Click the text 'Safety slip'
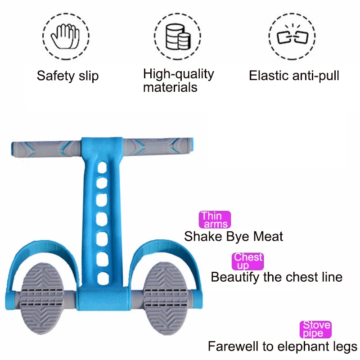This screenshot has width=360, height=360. (x=67, y=76)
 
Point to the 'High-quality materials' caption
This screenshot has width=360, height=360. (x=178, y=80)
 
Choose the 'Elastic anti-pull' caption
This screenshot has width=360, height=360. (x=294, y=75)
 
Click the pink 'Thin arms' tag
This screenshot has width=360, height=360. (x=215, y=220)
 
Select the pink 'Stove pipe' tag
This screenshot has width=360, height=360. (x=315, y=329)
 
